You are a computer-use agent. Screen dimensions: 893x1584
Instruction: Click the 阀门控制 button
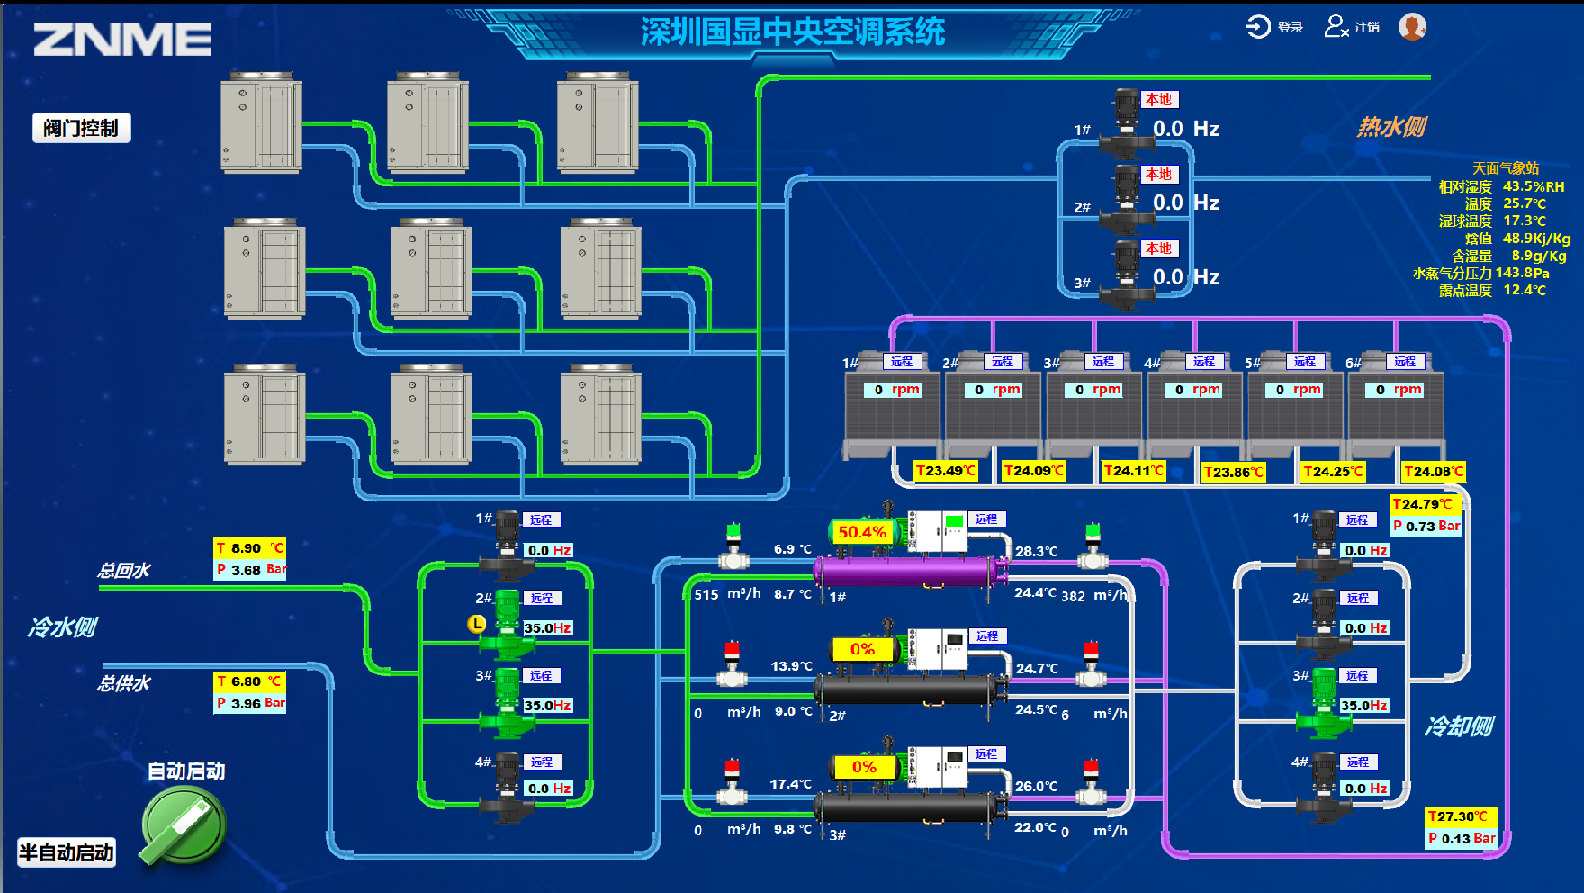click(81, 128)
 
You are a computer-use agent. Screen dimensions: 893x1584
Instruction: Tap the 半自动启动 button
click(67, 852)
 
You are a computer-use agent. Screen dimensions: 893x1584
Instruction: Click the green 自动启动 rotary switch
click(183, 825)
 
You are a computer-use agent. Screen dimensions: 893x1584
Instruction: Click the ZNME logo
click(122, 39)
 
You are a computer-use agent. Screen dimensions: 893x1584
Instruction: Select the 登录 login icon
click(1258, 27)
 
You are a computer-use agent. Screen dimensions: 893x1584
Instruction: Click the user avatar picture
click(1412, 27)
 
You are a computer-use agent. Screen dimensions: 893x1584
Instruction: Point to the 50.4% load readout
click(862, 532)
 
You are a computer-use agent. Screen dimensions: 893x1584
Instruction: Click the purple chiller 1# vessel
click(909, 571)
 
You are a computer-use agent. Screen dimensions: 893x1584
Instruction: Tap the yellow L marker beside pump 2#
click(477, 623)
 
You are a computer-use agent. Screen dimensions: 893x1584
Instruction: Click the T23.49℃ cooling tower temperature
click(946, 471)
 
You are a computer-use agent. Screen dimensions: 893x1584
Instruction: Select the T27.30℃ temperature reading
click(1460, 816)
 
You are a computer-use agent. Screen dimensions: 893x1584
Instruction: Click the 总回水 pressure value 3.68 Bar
click(250, 570)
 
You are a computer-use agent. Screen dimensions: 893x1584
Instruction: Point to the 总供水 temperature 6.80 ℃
click(249, 681)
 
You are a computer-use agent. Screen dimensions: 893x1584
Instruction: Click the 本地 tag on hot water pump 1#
click(1159, 100)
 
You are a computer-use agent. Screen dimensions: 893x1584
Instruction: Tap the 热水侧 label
click(1391, 127)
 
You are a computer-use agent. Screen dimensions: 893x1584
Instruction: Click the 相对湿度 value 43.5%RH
click(1534, 186)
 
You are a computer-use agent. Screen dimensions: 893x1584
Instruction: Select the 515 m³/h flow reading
click(706, 594)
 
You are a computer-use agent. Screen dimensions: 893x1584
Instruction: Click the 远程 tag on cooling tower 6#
click(1405, 362)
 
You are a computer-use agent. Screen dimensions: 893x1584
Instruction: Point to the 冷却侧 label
click(1459, 726)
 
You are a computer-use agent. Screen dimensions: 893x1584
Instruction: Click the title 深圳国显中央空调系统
click(792, 32)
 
